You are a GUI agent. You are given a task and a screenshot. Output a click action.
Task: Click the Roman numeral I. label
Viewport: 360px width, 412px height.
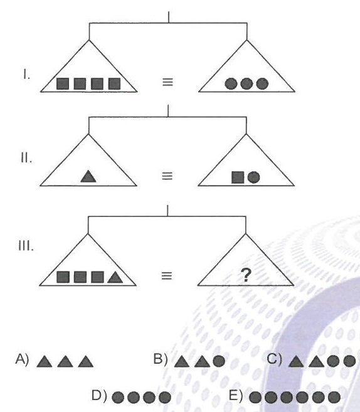[26, 75]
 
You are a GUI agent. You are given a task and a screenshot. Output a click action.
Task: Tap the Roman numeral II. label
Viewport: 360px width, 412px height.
[26, 158]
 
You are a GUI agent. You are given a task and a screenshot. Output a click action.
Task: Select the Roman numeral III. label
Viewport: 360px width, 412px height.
[26, 246]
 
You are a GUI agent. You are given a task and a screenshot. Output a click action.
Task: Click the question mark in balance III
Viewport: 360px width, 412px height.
[246, 275]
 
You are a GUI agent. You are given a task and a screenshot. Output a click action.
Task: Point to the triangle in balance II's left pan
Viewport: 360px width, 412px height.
[88, 176]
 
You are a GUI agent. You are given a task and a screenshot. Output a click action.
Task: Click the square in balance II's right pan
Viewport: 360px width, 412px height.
[238, 177]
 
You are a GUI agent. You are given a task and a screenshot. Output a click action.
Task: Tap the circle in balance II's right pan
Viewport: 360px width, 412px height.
[253, 177]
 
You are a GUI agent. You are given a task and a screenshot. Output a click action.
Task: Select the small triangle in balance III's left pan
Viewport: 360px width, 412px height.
[115, 277]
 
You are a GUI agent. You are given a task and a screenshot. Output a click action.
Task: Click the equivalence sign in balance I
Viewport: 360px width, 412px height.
[167, 82]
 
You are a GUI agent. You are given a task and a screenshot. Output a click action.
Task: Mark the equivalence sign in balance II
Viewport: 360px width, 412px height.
[167, 176]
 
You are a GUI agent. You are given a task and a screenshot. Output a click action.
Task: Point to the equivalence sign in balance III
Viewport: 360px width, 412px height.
[167, 276]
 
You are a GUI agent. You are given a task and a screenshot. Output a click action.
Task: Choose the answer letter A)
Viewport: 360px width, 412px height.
[22, 359]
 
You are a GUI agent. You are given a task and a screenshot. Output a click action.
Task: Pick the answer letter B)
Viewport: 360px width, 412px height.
[161, 359]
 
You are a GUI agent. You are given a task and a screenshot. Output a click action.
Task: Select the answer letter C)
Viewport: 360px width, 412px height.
[274, 359]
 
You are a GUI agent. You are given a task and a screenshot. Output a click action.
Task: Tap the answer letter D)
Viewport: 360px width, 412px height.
[99, 396]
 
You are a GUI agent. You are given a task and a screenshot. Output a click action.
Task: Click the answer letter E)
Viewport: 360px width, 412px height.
[236, 396]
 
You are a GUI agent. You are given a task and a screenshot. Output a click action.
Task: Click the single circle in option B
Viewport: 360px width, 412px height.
[219, 361]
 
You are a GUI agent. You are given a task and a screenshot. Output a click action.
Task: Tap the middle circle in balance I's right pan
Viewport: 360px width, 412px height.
[246, 84]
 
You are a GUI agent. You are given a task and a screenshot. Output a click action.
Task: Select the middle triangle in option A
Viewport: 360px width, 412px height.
[65, 361]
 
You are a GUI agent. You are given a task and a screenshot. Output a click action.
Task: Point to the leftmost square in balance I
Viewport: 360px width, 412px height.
[63, 83]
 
